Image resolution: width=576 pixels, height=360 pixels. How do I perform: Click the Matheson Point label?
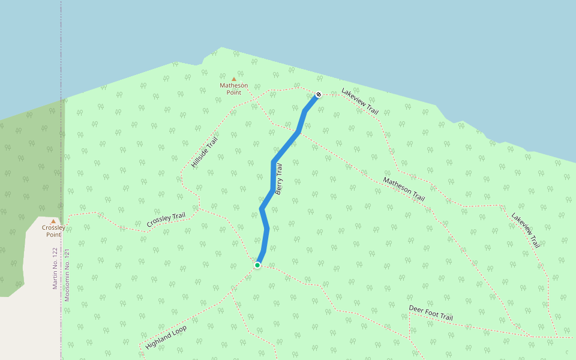point(233,89)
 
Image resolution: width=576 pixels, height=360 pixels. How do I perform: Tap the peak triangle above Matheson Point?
point(234,79)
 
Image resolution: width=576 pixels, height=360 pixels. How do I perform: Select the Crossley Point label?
point(53,231)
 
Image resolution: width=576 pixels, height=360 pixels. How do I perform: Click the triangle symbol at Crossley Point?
point(53,221)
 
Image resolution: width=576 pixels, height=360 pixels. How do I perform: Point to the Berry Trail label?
point(278,179)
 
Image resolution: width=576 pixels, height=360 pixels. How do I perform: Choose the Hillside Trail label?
point(204,152)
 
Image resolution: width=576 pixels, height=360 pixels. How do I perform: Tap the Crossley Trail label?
point(166,220)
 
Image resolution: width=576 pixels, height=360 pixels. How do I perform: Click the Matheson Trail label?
point(404,190)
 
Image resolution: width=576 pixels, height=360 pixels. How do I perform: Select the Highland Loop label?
point(166,338)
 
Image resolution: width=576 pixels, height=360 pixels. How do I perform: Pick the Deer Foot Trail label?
point(431,313)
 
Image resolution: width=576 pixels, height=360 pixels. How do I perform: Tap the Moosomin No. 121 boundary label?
point(67,275)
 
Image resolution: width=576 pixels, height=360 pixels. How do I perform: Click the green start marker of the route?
point(257,265)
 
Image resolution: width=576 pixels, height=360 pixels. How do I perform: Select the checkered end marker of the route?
point(319,94)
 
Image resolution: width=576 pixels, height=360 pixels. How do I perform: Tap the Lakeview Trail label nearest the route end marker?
point(360,102)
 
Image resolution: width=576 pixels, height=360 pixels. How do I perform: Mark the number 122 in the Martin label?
point(55,254)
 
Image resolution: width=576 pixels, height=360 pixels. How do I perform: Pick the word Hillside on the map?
point(200,157)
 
